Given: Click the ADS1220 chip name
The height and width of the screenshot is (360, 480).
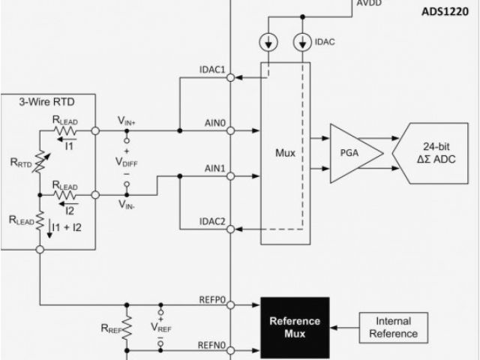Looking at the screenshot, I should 450,10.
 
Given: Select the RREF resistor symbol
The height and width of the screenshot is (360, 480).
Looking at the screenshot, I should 127,327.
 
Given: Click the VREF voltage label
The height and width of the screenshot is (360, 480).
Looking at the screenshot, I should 161,326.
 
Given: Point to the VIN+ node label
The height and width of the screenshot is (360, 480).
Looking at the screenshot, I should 127,119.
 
